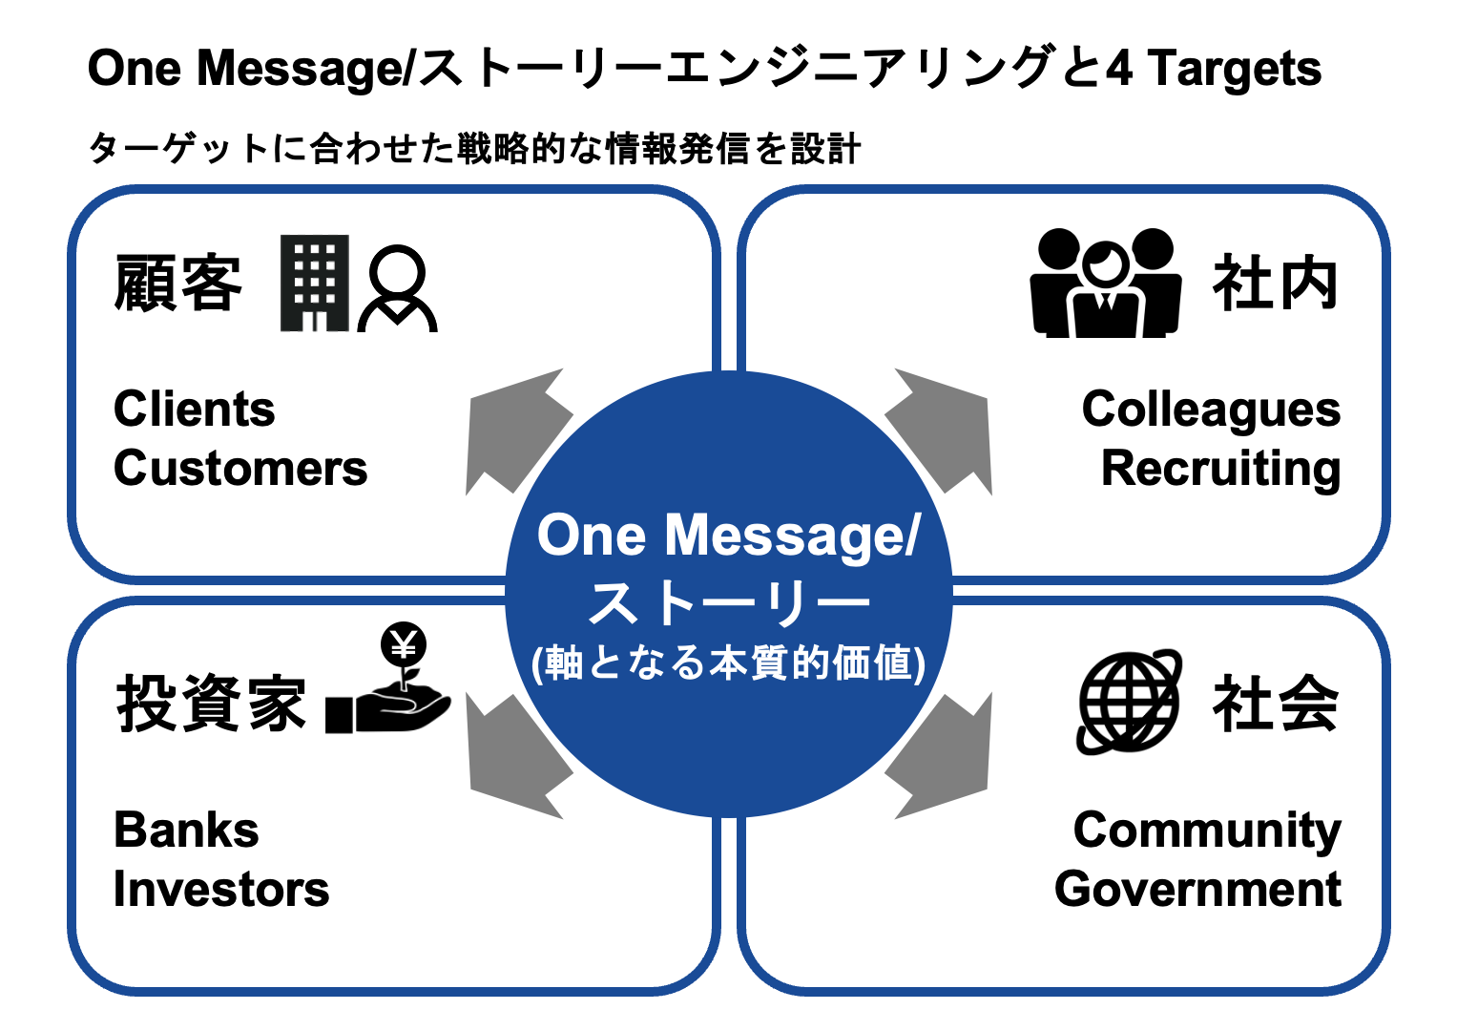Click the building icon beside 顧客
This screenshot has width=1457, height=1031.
point(314,284)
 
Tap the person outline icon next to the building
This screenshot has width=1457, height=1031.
point(397,288)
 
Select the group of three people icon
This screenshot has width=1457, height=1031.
point(1104,284)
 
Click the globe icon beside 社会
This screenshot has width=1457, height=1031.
point(1129,703)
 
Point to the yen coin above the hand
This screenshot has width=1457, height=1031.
point(404,646)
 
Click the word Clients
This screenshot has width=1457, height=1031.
point(195,410)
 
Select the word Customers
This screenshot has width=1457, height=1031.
point(240,469)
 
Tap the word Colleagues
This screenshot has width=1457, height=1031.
point(1211,410)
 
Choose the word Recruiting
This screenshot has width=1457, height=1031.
point(1220,469)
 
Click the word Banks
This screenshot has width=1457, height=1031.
point(186,831)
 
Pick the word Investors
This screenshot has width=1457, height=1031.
point(221,890)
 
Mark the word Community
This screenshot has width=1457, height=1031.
point(1207,831)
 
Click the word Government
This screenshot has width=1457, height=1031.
point(1197,890)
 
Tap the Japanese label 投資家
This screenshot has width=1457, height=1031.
point(211,704)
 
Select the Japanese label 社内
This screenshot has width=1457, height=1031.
point(1275,284)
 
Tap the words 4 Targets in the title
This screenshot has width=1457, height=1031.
point(1214,69)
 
